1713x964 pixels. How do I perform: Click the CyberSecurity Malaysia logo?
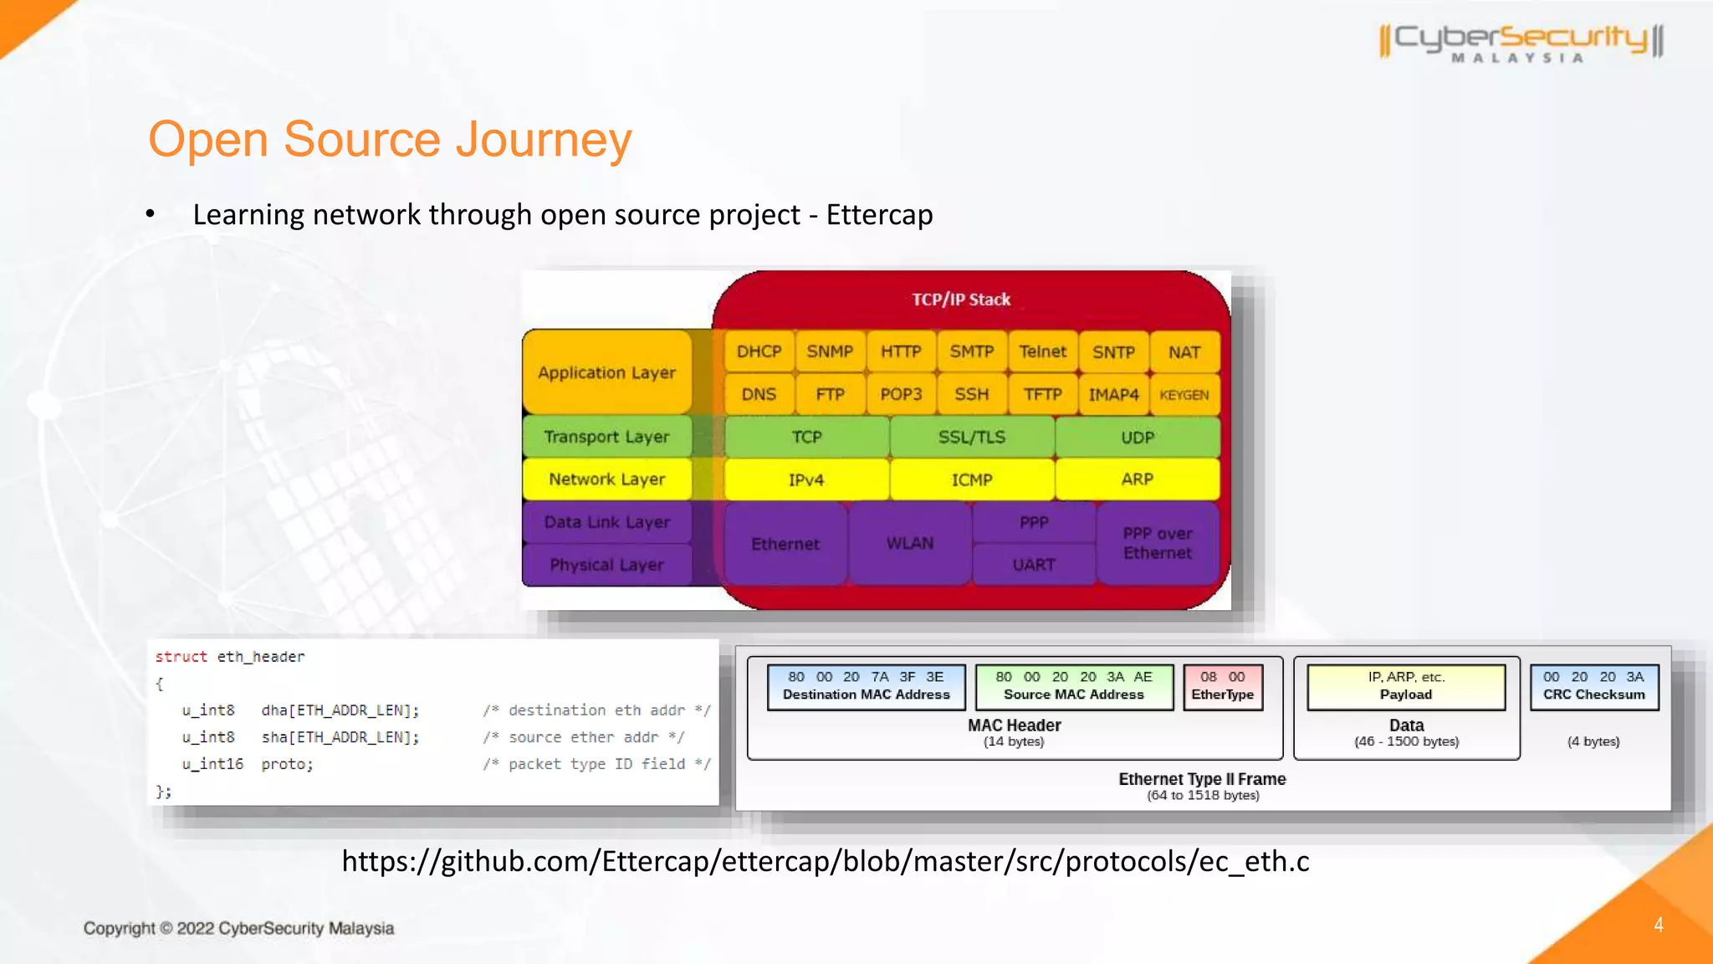coord(1521,42)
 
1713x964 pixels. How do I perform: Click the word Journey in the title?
coord(544,140)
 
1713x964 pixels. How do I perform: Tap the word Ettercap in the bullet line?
coord(879,215)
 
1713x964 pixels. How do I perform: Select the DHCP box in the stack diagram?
coord(759,351)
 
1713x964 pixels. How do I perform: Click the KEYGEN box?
coord(1184,395)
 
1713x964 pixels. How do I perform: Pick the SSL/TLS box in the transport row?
coord(971,437)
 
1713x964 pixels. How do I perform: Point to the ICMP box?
coord(971,479)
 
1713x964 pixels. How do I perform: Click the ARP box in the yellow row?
coord(1137,479)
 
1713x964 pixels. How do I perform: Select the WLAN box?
coord(909,543)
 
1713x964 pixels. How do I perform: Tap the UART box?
coord(1034,565)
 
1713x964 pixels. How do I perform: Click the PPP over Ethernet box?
coord(1158,543)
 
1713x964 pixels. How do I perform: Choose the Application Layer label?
coord(606,372)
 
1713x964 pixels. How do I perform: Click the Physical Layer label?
coord(606,565)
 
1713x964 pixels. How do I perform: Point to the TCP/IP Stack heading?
coord(961,300)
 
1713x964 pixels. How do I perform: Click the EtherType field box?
coord(1222,686)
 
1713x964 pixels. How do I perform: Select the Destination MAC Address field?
coord(866,686)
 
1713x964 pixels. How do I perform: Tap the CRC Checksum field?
coord(1593,686)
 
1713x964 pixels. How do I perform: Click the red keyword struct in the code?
coord(181,657)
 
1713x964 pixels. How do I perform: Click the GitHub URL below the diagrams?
coord(825,861)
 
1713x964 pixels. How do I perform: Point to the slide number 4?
coord(1658,925)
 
